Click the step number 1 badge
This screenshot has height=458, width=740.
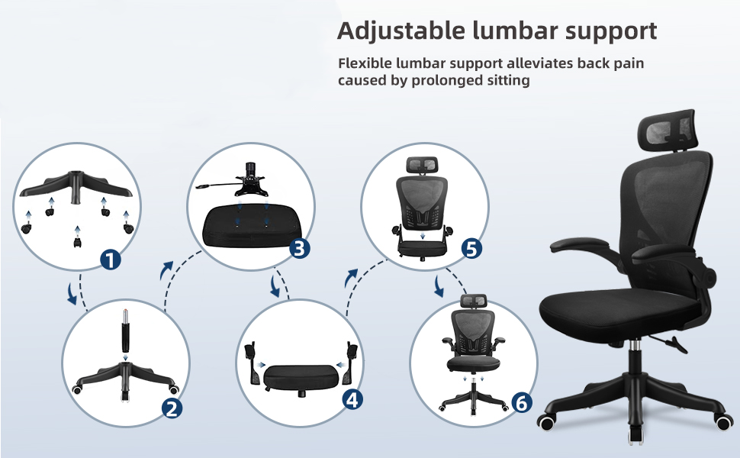(x=111, y=260)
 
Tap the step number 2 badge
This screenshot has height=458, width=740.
(x=172, y=408)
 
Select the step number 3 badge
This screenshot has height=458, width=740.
(x=299, y=248)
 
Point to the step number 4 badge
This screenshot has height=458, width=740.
(x=352, y=400)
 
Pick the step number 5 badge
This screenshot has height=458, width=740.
(x=471, y=248)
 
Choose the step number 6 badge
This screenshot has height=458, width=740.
(x=522, y=403)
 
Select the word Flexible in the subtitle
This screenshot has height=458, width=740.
(x=365, y=63)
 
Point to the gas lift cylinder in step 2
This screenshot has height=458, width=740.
(x=126, y=331)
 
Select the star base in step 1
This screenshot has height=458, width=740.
(x=76, y=186)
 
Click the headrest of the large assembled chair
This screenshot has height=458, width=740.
(x=668, y=128)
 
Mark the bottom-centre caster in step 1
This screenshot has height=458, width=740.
(x=77, y=243)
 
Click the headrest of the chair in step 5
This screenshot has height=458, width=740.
(x=422, y=165)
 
